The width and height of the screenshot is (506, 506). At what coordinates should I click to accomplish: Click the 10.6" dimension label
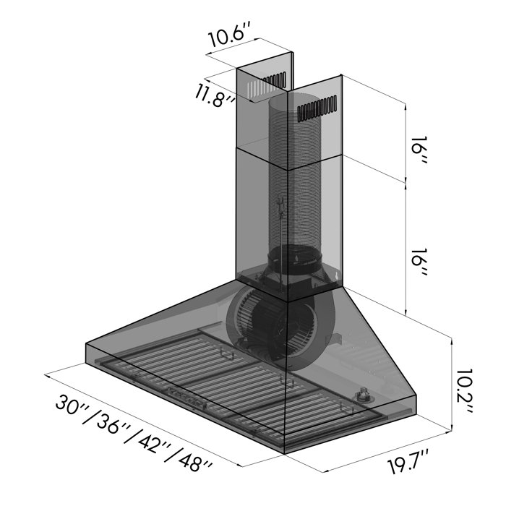click(229, 37)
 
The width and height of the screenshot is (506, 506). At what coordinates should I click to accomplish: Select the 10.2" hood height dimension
click(463, 391)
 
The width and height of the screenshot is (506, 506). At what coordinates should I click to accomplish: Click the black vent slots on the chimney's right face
click(317, 108)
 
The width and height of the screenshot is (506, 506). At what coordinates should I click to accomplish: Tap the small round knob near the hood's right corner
click(361, 395)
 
